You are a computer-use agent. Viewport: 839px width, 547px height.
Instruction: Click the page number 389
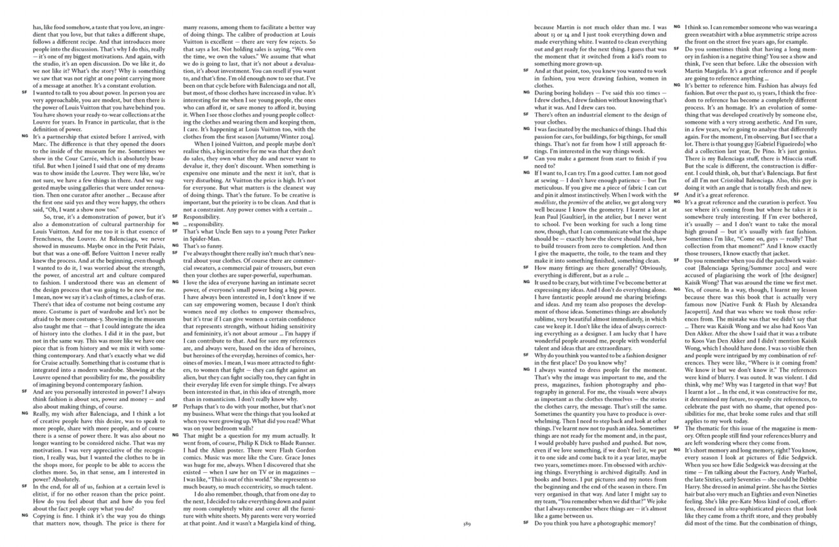point(467,524)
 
